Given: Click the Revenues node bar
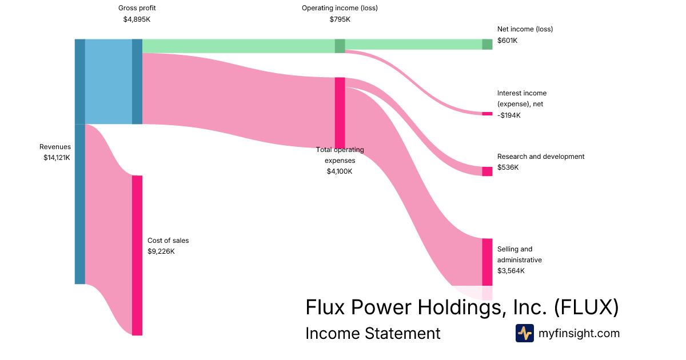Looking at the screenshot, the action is click(80, 161).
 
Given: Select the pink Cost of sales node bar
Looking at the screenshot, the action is click(137, 255).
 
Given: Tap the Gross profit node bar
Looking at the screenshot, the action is click(137, 81).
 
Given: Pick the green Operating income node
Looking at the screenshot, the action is click(340, 46).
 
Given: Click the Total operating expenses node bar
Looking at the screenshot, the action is click(340, 113).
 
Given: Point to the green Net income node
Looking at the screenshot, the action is click(487, 44).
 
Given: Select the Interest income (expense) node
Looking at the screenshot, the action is click(487, 114).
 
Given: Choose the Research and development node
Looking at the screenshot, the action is click(487, 171).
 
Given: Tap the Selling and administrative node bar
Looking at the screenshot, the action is click(487, 262).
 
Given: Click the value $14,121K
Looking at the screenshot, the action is click(57, 158).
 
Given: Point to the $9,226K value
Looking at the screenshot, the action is click(161, 251).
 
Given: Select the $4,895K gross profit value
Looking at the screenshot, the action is click(137, 19).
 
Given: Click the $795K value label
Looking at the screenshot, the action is click(340, 19).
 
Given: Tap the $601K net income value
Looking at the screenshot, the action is click(508, 41).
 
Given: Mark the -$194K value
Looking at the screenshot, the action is click(509, 115).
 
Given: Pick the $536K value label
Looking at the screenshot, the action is click(508, 167).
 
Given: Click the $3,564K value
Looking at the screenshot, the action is click(511, 271).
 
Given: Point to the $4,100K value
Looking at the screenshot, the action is click(340, 171).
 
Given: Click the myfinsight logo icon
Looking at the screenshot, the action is click(524, 333).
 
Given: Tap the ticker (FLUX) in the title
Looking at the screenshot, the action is click(587, 307).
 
